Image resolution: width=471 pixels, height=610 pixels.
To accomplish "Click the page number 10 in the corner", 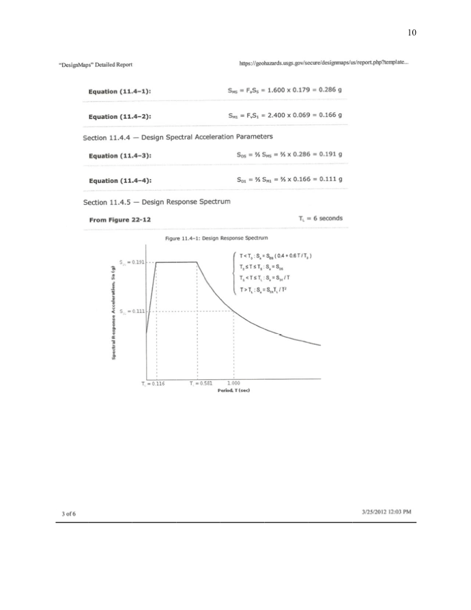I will (411, 32).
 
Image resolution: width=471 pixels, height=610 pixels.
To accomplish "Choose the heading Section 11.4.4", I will (173, 137).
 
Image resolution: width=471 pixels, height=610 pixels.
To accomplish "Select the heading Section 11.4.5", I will (156, 202).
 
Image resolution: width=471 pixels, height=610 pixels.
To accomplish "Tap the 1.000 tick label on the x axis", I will (234, 384).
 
